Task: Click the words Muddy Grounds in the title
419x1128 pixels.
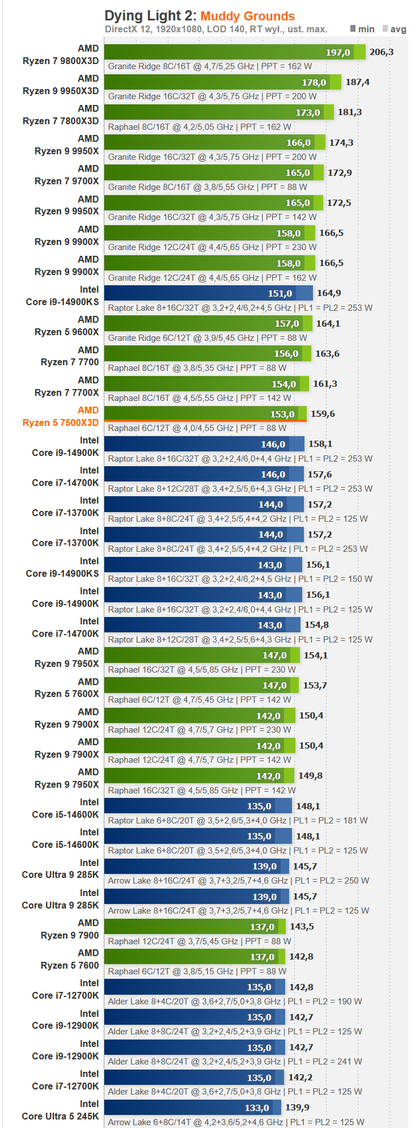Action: coord(247,16)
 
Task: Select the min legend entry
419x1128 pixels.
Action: coord(362,29)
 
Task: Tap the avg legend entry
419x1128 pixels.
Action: coord(395,29)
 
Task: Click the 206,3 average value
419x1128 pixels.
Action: coord(381,52)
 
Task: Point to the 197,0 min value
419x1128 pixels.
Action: coord(337,52)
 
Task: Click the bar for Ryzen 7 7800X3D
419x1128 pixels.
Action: coord(215,112)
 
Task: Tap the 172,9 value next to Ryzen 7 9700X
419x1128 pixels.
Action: coord(340,172)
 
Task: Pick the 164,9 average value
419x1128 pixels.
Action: coord(329,293)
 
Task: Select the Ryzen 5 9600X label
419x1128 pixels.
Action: coord(66,332)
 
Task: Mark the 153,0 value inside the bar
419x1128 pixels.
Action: coord(282,414)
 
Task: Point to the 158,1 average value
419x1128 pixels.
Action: coord(320,444)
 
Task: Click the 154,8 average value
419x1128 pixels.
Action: coord(316,625)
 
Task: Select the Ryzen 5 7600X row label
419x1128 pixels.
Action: coord(66,694)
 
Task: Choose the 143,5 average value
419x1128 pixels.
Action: coord(302,927)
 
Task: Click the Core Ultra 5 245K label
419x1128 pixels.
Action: coord(60,1116)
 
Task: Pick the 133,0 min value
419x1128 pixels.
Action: coord(257,1108)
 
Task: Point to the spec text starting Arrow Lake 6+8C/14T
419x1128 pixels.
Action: coord(236,1122)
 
